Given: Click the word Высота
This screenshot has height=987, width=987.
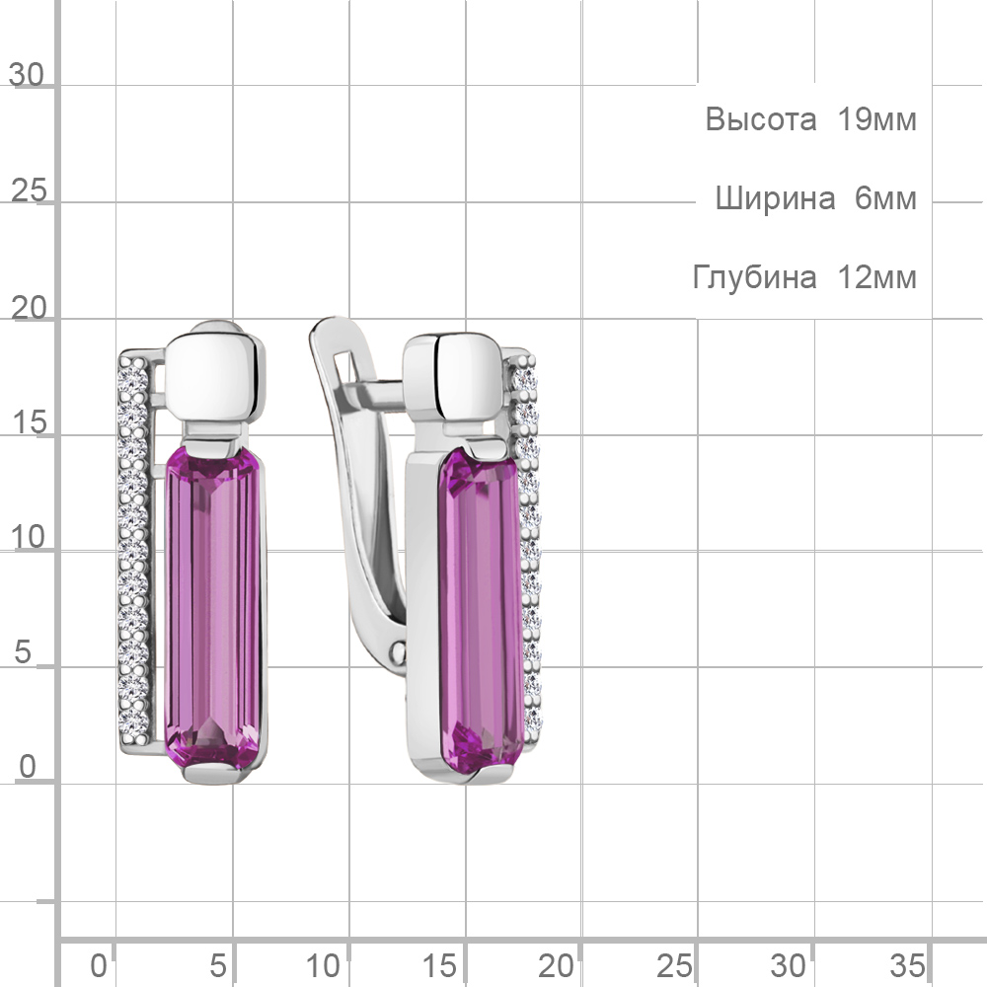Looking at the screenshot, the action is pyautogui.click(x=760, y=119).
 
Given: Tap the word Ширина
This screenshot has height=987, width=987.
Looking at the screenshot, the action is pyautogui.click(x=775, y=199).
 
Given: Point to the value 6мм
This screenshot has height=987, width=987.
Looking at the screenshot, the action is pyautogui.click(x=885, y=198).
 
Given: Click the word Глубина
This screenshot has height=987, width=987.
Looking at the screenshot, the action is pyautogui.click(x=755, y=277).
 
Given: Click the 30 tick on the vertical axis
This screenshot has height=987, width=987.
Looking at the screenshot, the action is pyautogui.click(x=27, y=75).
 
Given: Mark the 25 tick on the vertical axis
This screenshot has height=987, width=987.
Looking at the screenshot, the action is pyautogui.click(x=29, y=190).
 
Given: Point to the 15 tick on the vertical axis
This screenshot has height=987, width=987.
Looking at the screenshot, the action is pyautogui.click(x=29, y=422).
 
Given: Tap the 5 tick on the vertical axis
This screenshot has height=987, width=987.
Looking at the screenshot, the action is pyautogui.click(x=23, y=652).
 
